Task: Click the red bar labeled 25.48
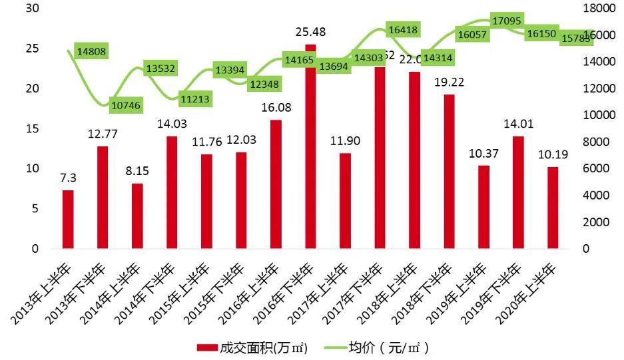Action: pyautogui.click(x=310, y=146)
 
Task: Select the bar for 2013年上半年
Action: pyautogui.click(x=68, y=220)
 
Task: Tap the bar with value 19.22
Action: pyautogui.click(x=449, y=172)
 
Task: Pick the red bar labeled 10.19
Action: pyautogui.click(x=552, y=208)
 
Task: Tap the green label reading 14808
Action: pyautogui.click(x=91, y=51)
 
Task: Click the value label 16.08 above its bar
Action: pyautogui.click(x=276, y=108)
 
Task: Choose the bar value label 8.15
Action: pyautogui.click(x=137, y=171)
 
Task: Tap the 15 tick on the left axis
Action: pyautogui.click(x=31, y=128)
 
